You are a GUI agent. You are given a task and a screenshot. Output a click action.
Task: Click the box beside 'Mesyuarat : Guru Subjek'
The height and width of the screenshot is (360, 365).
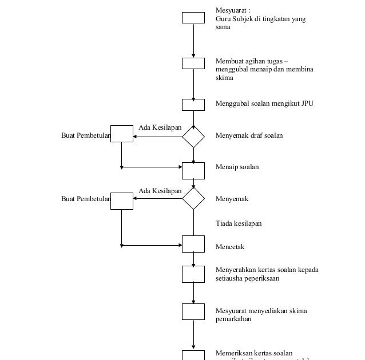[x=193, y=18]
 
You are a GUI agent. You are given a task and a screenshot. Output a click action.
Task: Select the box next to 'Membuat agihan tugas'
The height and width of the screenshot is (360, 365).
[x=193, y=63]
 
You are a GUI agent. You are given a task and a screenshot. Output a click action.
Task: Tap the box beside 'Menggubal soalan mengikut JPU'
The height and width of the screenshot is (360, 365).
[x=193, y=105]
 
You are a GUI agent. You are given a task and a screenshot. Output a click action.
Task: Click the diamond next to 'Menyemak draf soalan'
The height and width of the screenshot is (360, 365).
[x=193, y=136]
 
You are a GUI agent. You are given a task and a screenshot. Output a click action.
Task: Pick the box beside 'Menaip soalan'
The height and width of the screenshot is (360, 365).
[x=193, y=170]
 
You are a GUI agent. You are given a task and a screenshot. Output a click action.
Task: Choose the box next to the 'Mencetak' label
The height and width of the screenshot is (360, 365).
[x=193, y=244]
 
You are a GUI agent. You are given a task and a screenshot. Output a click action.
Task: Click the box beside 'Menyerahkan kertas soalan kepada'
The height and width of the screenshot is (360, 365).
[x=193, y=274]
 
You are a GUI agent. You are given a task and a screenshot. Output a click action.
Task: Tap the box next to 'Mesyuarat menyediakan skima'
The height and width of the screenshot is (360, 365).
[x=193, y=311]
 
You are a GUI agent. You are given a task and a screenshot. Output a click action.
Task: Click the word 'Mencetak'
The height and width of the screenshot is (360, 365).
[x=230, y=247]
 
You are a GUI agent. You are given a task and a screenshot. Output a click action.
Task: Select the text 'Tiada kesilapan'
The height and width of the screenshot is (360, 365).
[x=239, y=223]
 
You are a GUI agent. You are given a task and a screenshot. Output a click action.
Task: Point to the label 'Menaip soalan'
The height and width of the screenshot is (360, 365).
[x=237, y=167]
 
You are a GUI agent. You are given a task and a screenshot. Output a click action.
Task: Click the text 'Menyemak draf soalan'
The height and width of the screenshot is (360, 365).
[x=249, y=135]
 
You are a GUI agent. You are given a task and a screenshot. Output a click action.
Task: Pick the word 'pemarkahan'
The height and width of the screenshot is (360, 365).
[x=233, y=319]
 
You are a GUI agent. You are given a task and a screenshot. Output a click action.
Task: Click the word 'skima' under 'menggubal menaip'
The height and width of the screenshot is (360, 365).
[x=224, y=78]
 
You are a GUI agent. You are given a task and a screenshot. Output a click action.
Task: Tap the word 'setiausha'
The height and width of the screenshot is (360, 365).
[x=228, y=278]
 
